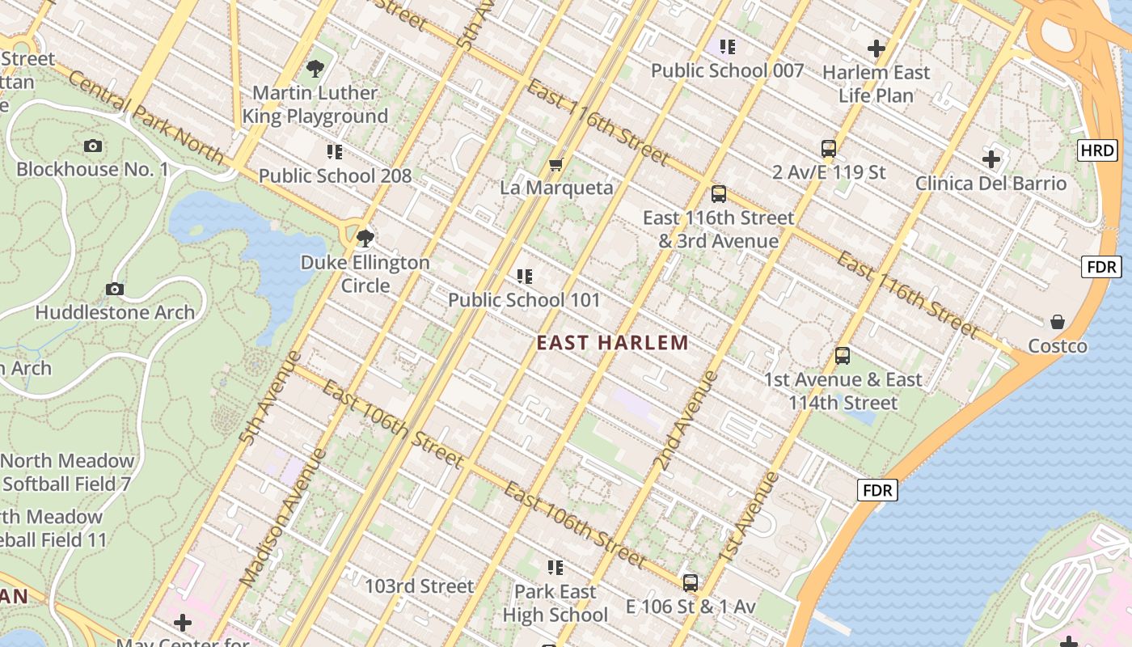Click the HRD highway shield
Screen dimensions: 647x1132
tap(1097, 150)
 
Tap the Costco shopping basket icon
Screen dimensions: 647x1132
tap(1057, 322)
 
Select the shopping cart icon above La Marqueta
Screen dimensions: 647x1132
tap(555, 165)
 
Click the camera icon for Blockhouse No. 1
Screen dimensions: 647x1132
tap(93, 146)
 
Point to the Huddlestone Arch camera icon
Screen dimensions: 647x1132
tap(115, 289)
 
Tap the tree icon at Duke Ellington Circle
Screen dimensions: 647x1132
tap(365, 238)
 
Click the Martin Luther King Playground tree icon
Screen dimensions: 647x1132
tap(315, 69)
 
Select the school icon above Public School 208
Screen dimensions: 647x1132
tap(335, 151)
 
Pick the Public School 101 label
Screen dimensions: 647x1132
tap(524, 300)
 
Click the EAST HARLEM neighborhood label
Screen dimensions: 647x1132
tap(613, 343)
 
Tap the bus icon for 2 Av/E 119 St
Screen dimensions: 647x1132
tap(829, 149)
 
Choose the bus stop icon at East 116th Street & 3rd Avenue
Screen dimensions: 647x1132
tap(718, 194)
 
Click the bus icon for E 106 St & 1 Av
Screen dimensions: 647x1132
tap(691, 582)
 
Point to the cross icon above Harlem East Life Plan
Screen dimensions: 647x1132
tap(876, 49)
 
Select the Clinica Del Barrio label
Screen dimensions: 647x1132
tap(990, 184)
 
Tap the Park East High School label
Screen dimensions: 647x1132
tap(555, 603)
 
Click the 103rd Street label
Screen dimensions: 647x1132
tap(419, 586)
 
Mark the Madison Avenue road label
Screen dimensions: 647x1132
tap(284, 518)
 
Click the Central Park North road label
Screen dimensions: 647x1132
tap(146, 118)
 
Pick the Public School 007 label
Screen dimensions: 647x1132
tap(727, 71)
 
